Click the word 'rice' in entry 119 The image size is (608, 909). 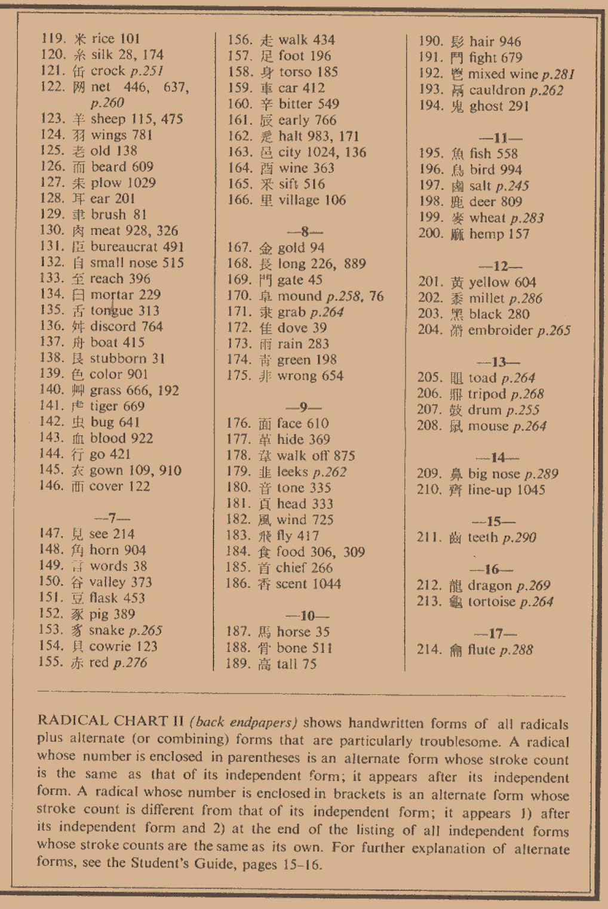(103, 39)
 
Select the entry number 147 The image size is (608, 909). (51, 534)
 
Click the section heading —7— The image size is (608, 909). (112, 518)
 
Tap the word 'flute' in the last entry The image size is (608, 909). (481, 649)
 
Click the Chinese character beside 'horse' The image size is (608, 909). (264, 632)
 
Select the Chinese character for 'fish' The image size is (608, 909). (457, 154)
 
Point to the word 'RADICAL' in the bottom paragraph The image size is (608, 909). (65, 720)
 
